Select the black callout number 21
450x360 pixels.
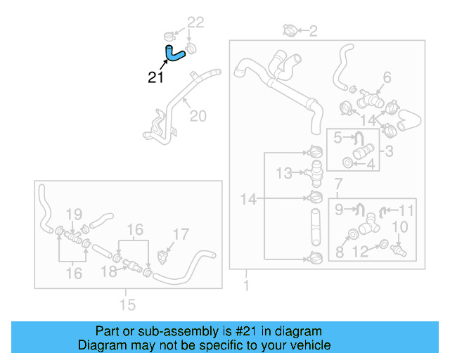click(156, 77)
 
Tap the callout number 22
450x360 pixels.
click(195, 23)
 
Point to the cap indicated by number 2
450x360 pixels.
click(289, 30)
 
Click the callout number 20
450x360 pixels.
click(198, 115)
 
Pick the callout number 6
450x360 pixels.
click(386, 77)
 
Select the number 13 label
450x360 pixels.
click(283, 172)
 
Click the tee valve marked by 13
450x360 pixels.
click(315, 169)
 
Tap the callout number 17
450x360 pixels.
click(181, 234)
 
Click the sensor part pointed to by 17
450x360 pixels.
click(165, 252)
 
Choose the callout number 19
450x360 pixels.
click(75, 214)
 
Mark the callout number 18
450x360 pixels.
click(108, 271)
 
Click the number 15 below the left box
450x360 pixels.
click(127, 304)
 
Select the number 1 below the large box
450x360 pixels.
click(245, 285)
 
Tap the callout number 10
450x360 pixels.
click(399, 226)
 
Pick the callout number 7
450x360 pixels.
click(338, 184)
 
